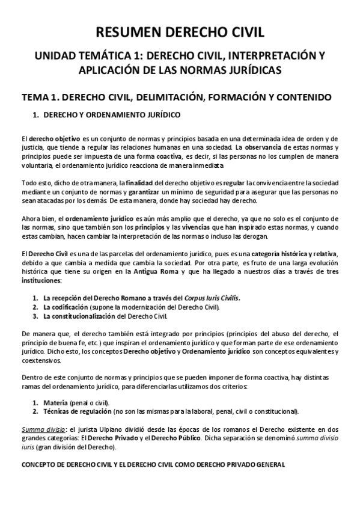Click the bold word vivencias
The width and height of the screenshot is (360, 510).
(182, 229)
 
